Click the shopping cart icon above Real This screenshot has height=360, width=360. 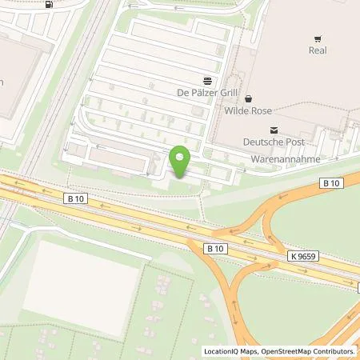point(319,38)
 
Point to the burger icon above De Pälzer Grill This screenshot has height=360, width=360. point(207,80)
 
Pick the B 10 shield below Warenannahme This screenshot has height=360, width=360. point(332,183)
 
